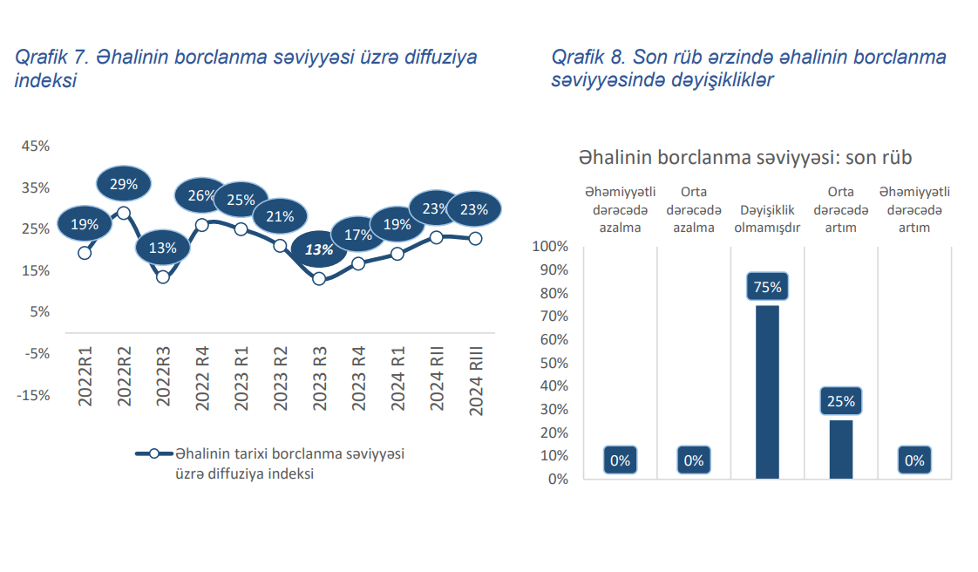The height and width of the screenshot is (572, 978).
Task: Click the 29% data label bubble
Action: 124,184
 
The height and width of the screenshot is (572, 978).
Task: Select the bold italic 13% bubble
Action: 319,249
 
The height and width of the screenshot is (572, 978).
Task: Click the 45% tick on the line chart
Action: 36,146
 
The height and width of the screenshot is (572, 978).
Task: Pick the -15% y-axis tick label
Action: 34,395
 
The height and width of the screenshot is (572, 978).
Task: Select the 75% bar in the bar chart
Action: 767,392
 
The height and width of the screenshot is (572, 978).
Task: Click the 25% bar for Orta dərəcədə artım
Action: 841,449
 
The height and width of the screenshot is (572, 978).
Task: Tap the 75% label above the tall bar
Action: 767,287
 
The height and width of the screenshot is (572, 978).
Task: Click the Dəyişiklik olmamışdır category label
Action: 767,219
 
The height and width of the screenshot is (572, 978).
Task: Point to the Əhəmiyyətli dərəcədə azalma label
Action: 620,210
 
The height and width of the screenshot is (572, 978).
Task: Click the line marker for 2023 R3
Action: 319,279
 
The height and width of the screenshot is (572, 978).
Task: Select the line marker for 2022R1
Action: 85,253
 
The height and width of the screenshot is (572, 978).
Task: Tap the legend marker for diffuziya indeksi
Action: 153,453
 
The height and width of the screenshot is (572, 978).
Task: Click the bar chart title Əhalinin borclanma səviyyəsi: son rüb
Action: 744,158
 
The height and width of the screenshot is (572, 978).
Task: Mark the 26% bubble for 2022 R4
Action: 201,196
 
